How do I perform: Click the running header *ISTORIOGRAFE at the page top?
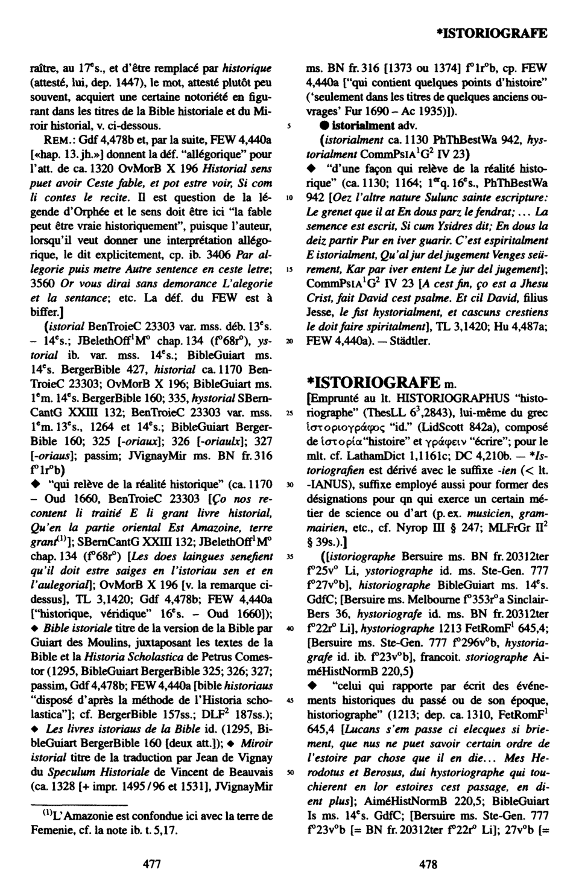(x=492, y=32)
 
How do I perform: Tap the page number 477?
(x=151, y=864)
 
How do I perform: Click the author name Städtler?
(x=410, y=341)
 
